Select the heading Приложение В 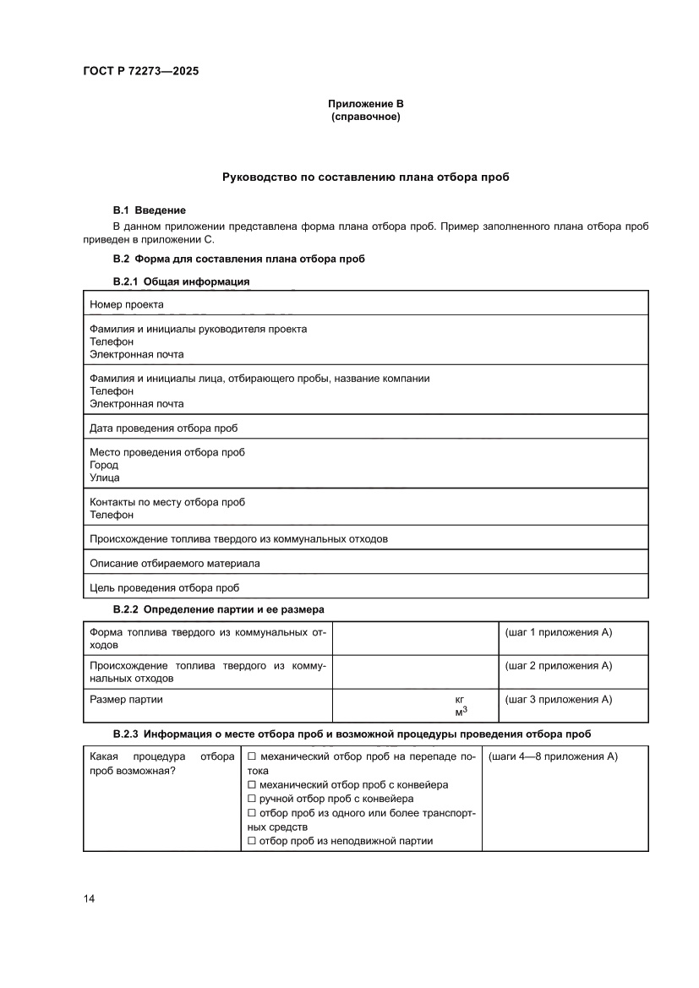(366, 104)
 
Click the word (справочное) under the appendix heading (366, 117)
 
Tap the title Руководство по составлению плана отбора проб (366, 177)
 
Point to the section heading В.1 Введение (149, 210)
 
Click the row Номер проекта (127, 304)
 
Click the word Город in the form (104, 465)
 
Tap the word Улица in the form (105, 478)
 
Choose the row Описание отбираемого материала (174, 563)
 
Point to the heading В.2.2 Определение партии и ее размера (218, 609)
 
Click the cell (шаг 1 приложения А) (558, 633)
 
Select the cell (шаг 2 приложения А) (558, 666)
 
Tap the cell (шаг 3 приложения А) (558, 699)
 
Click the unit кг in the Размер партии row (460, 700)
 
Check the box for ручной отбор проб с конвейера (252, 798)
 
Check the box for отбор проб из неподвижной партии (252, 841)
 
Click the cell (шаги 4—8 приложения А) (554, 756)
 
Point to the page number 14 (89, 898)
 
